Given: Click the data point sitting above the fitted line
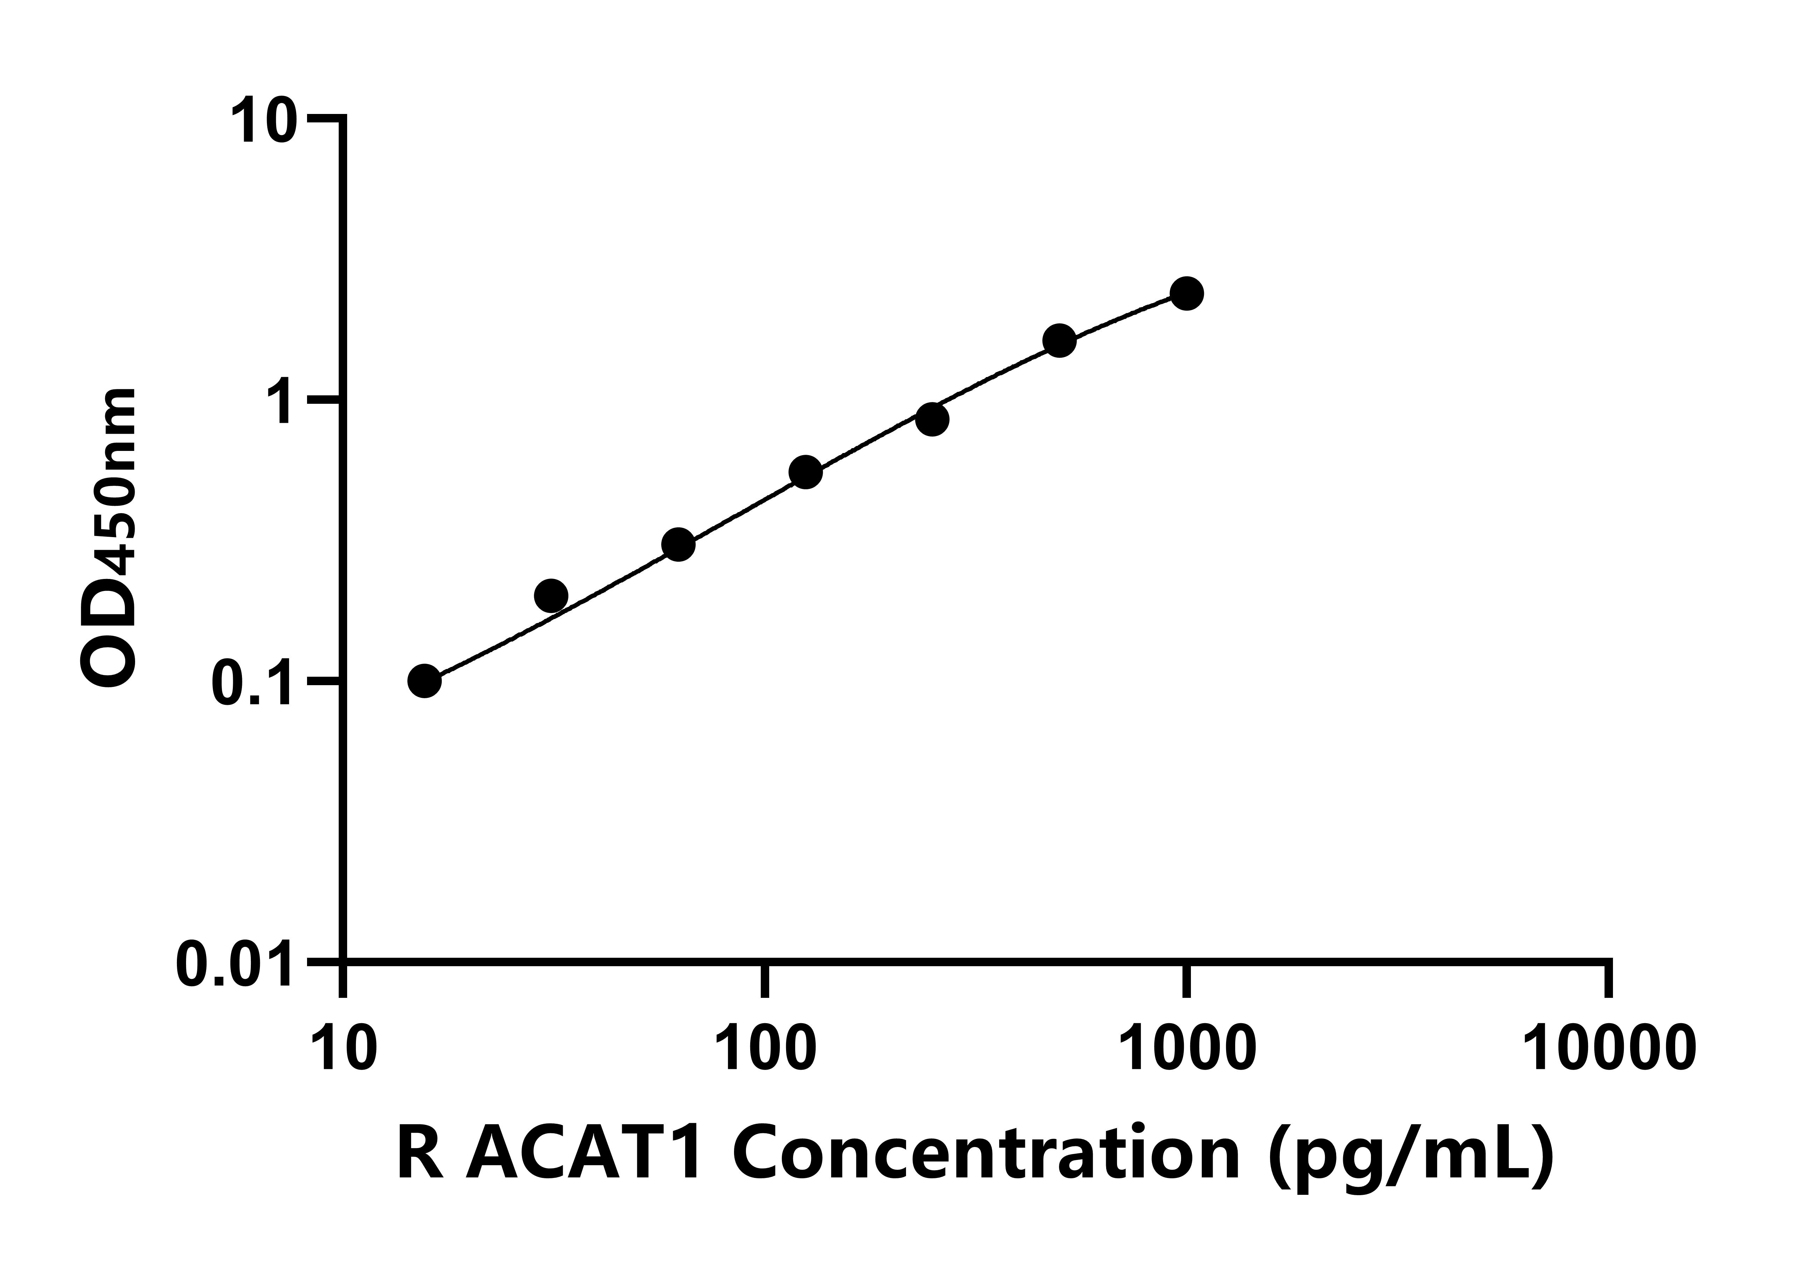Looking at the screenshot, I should click(x=551, y=596).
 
